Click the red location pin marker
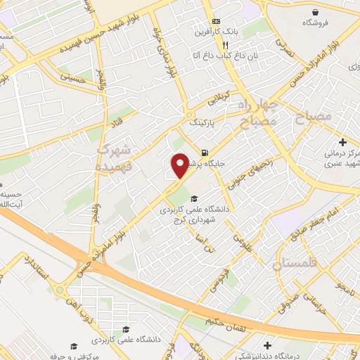coord(180,165)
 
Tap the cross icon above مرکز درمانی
coord(342,143)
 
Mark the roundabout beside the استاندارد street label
coord(60,290)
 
